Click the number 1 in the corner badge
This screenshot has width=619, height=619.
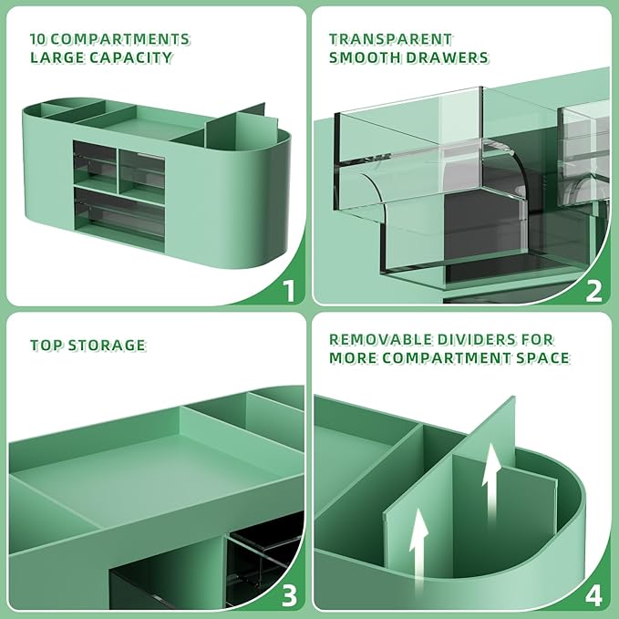point(289,291)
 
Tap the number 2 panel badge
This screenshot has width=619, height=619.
point(593,291)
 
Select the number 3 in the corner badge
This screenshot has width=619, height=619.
point(289,595)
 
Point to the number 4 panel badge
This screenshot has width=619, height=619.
point(593,595)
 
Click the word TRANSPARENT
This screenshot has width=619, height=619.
point(390,39)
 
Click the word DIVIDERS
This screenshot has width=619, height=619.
point(472,338)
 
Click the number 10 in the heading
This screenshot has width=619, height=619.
point(38,39)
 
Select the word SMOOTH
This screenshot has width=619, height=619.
point(365,58)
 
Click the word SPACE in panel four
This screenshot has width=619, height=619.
point(540,357)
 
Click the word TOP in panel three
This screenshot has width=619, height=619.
point(46,346)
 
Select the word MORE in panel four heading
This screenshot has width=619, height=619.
point(356,357)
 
